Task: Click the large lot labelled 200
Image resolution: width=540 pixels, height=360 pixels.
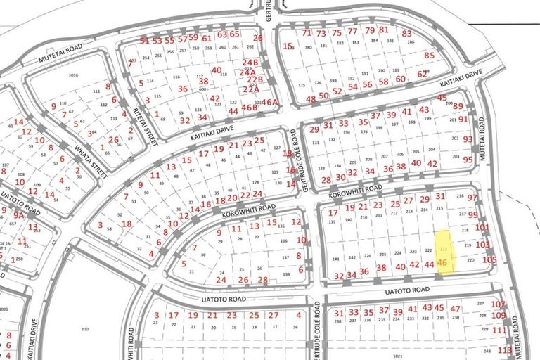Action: pyautogui.click(x=86, y=329)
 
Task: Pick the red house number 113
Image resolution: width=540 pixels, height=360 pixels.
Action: pyautogui.click(x=503, y=349)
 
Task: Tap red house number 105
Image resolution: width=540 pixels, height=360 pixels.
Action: pyautogui.click(x=489, y=259)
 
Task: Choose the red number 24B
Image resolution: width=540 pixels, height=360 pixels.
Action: pyautogui.click(x=251, y=62)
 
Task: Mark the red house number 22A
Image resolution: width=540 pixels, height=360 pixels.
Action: pyautogui.click(x=251, y=89)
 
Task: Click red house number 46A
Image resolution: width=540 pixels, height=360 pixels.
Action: pyautogui.click(x=270, y=101)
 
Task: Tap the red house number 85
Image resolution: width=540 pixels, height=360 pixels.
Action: pyautogui.click(x=429, y=55)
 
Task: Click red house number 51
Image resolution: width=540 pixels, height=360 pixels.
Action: pyautogui.click(x=145, y=40)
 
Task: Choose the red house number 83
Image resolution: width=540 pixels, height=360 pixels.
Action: pyautogui.click(x=406, y=33)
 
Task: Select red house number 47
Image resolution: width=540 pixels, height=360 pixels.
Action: pyautogui.click(x=455, y=309)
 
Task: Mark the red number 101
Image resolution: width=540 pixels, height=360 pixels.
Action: pyautogui.click(x=482, y=227)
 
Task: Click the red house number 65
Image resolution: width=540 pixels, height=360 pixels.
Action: pyautogui.click(x=235, y=34)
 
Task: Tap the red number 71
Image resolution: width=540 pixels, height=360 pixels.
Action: pyautogui.click(x=306, y=32)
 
